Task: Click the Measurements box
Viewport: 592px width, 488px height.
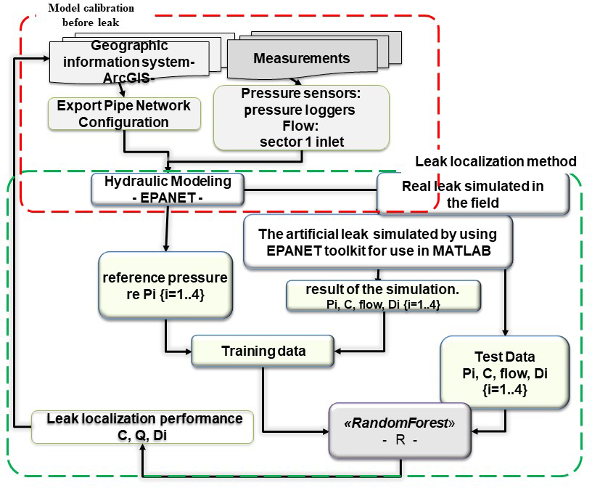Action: [x=301, y=57]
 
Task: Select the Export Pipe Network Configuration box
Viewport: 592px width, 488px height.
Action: [x=124, y=114]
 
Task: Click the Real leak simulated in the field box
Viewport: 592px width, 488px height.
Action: [x=472, y=194]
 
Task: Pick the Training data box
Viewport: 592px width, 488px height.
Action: [x=263, y=351]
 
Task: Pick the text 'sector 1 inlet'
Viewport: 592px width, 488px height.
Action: [x=301, y=142]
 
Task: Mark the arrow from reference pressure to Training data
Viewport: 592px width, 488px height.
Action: [x=168, y=338]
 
